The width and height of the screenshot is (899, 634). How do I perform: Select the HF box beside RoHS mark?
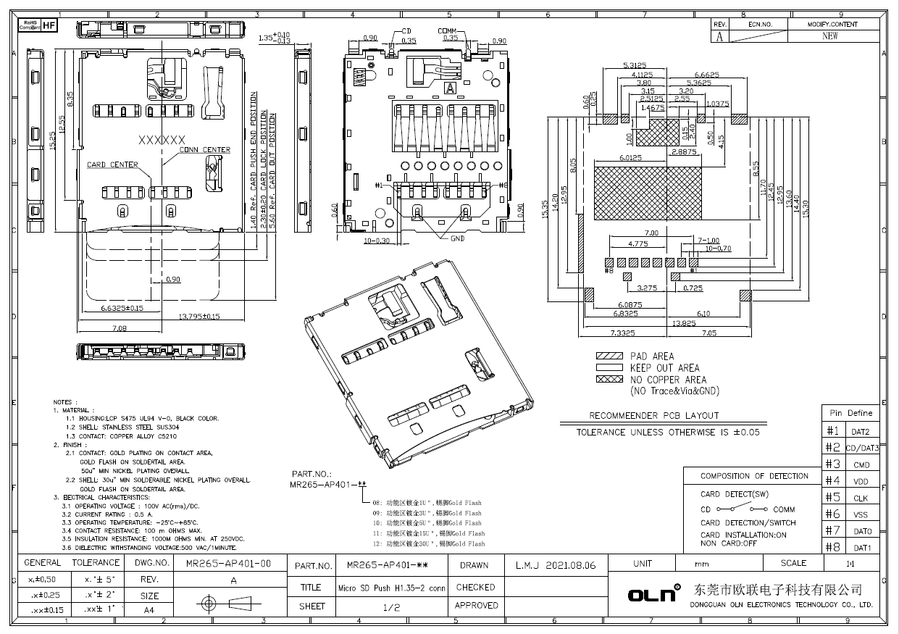(x=49, y=25)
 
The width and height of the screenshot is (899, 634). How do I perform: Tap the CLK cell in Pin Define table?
(x=861, y=499)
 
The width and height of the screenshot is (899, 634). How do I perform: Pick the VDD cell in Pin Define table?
(x=861, y=482)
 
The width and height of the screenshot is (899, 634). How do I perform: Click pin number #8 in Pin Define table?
(x=832, y=547)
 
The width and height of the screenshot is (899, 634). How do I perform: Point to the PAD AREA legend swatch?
(x=609, y=356)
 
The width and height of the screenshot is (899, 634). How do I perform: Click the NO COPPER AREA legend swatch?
(x=609, y=380)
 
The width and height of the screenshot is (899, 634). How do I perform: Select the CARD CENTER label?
(x=112, y=165)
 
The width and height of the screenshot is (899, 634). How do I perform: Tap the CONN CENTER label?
(x=205, y=150)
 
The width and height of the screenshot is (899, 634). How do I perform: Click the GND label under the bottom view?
(x=456, y=238)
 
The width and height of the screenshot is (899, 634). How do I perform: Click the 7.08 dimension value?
(x=120, y=328)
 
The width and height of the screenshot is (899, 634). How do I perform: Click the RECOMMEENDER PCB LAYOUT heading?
(x=654, y=416)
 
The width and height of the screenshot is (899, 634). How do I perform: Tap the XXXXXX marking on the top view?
(x=162, y=140)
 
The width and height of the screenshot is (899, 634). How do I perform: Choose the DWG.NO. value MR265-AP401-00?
(x=228, y=563)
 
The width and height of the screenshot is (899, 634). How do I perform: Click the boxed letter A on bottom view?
(x=450, y=88)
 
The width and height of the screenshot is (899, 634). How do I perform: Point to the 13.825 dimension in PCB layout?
(x=665, y=323)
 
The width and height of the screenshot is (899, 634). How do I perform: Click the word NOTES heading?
(x=63, y=402)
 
